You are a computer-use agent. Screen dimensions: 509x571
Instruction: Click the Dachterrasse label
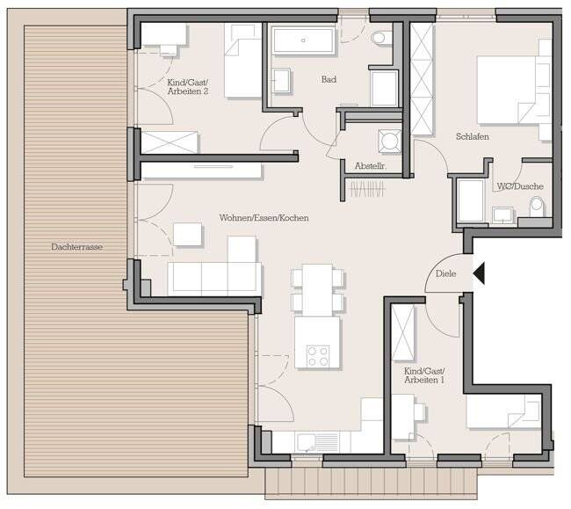point(76,248)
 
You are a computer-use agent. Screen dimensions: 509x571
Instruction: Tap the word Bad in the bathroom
point(329,80)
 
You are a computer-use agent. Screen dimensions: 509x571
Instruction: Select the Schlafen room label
point(472,138)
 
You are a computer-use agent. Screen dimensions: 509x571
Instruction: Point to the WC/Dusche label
point(520,186)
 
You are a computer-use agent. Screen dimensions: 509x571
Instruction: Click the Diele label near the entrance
point(445,273)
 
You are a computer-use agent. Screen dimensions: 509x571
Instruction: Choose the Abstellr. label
point(370,166)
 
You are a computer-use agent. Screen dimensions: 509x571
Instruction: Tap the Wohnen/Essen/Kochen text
point(264,218)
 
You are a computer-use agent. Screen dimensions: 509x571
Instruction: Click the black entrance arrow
point(478,274)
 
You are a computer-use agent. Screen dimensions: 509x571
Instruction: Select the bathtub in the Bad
point(303,40)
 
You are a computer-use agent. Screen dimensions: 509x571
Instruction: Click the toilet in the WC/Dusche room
point(537,207)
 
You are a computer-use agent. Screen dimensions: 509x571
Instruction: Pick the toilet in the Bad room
point(381,39)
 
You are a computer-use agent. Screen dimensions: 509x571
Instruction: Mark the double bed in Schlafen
point(512,90)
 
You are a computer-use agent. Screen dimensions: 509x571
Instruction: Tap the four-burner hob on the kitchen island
point(316,356)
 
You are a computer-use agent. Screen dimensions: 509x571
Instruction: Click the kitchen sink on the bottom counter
point(307,441)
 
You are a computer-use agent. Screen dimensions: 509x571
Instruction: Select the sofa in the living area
point(214,277)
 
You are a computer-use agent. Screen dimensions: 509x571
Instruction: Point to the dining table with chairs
point(317,290)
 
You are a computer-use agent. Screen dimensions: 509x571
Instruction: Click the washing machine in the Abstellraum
point(387,141)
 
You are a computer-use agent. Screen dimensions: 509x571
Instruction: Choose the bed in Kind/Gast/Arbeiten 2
point(243,61)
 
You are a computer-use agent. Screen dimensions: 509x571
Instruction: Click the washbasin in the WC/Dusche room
point(503,215)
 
